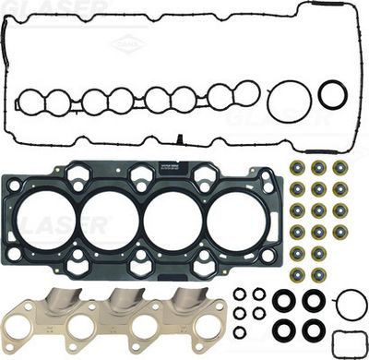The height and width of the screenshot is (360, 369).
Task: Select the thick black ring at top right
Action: point(332,93)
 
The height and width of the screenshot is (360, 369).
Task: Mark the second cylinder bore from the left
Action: point(109,221)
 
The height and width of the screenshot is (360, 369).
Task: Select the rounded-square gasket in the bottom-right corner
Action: point(347,342)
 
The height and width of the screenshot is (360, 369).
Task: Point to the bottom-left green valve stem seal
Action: point(297,274)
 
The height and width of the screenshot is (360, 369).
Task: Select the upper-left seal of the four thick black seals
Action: point(285,301)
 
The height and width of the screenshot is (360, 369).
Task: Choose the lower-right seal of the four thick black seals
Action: point(314,330)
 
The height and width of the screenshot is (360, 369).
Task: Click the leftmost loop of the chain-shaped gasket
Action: point(33,100)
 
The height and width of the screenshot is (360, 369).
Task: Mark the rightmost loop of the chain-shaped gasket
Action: point(247,91)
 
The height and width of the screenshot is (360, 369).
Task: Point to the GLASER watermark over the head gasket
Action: point(55,224)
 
